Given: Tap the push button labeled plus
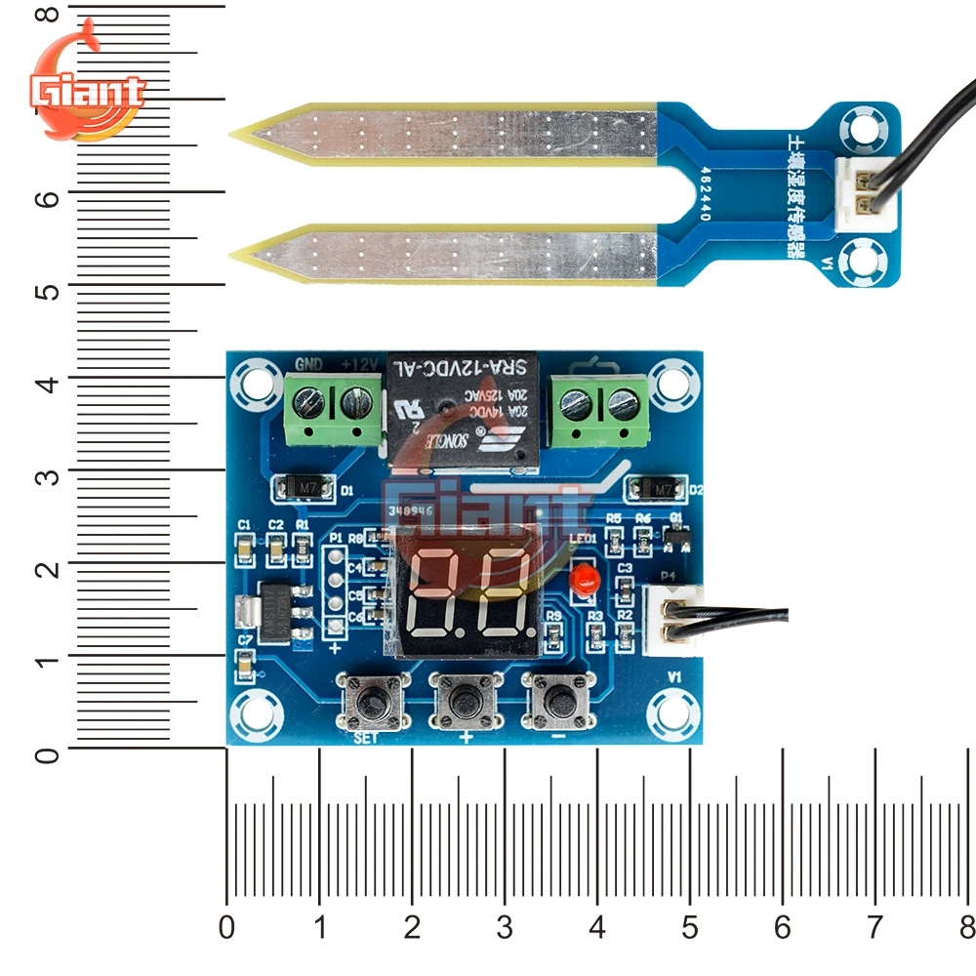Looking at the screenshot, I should [465, 700].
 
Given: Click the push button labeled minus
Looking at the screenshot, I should [558, 699].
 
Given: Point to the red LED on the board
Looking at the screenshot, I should [585, 580].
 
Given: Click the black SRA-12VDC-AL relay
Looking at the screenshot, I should [466, 410].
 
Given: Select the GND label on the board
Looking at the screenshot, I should [308, 365].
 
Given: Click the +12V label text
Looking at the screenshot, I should [358, 365].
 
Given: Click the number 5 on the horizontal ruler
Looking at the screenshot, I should [690, 926].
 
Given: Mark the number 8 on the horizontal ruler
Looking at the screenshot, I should [967, 926].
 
